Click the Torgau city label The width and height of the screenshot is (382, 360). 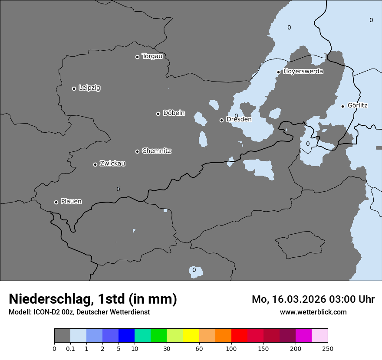coord(152,56)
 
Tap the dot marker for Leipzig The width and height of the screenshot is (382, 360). coord(74,88)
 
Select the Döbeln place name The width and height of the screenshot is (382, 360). coord(174,113)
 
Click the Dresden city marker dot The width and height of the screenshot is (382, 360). coord(221,120)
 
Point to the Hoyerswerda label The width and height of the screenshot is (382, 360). coord(303,72)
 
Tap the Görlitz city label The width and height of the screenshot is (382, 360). coord(358,105)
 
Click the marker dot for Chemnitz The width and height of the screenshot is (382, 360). coord(137,151)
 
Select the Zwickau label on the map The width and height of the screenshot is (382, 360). coord(112,164)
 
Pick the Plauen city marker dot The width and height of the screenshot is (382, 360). coord(56,202)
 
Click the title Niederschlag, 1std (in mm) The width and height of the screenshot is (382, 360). coord(93,299)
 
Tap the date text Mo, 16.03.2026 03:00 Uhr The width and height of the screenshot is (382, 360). coord(313,299)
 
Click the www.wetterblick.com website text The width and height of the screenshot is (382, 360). coord(313,312)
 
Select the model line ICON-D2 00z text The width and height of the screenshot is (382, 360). coord(79,312)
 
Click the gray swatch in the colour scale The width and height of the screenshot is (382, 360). coord(62,336)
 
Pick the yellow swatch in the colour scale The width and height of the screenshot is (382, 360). coord(191,336)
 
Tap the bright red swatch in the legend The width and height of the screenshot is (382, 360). coord(239,336)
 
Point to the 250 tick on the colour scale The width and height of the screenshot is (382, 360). coord(328,348)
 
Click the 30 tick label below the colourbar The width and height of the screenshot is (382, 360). coord(167,348)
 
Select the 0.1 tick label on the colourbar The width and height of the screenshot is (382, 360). coord(70,348)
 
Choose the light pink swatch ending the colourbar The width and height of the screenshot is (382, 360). coord(320,336)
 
